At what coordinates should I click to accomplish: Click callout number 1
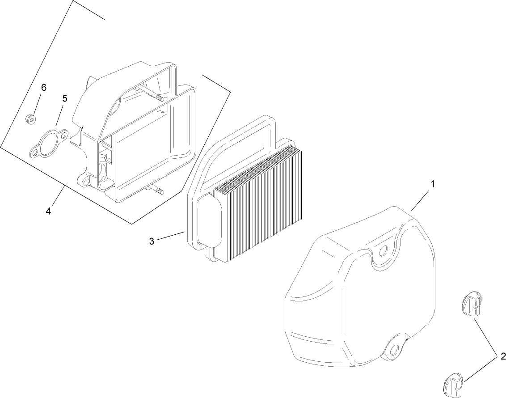[433, 184]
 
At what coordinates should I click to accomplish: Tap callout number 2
[503, 357]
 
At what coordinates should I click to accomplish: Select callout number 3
[152, 241]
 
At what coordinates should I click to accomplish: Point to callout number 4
[48, 212]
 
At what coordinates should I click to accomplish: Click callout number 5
[65, 98]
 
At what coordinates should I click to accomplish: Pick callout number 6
[43, 87]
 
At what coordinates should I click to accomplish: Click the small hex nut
[30, 119]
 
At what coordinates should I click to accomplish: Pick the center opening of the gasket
[49, 144]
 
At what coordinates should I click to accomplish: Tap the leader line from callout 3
[171, 236]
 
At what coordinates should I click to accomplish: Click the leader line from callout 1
[420, 201]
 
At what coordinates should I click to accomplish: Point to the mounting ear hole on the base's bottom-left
[85, 183]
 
